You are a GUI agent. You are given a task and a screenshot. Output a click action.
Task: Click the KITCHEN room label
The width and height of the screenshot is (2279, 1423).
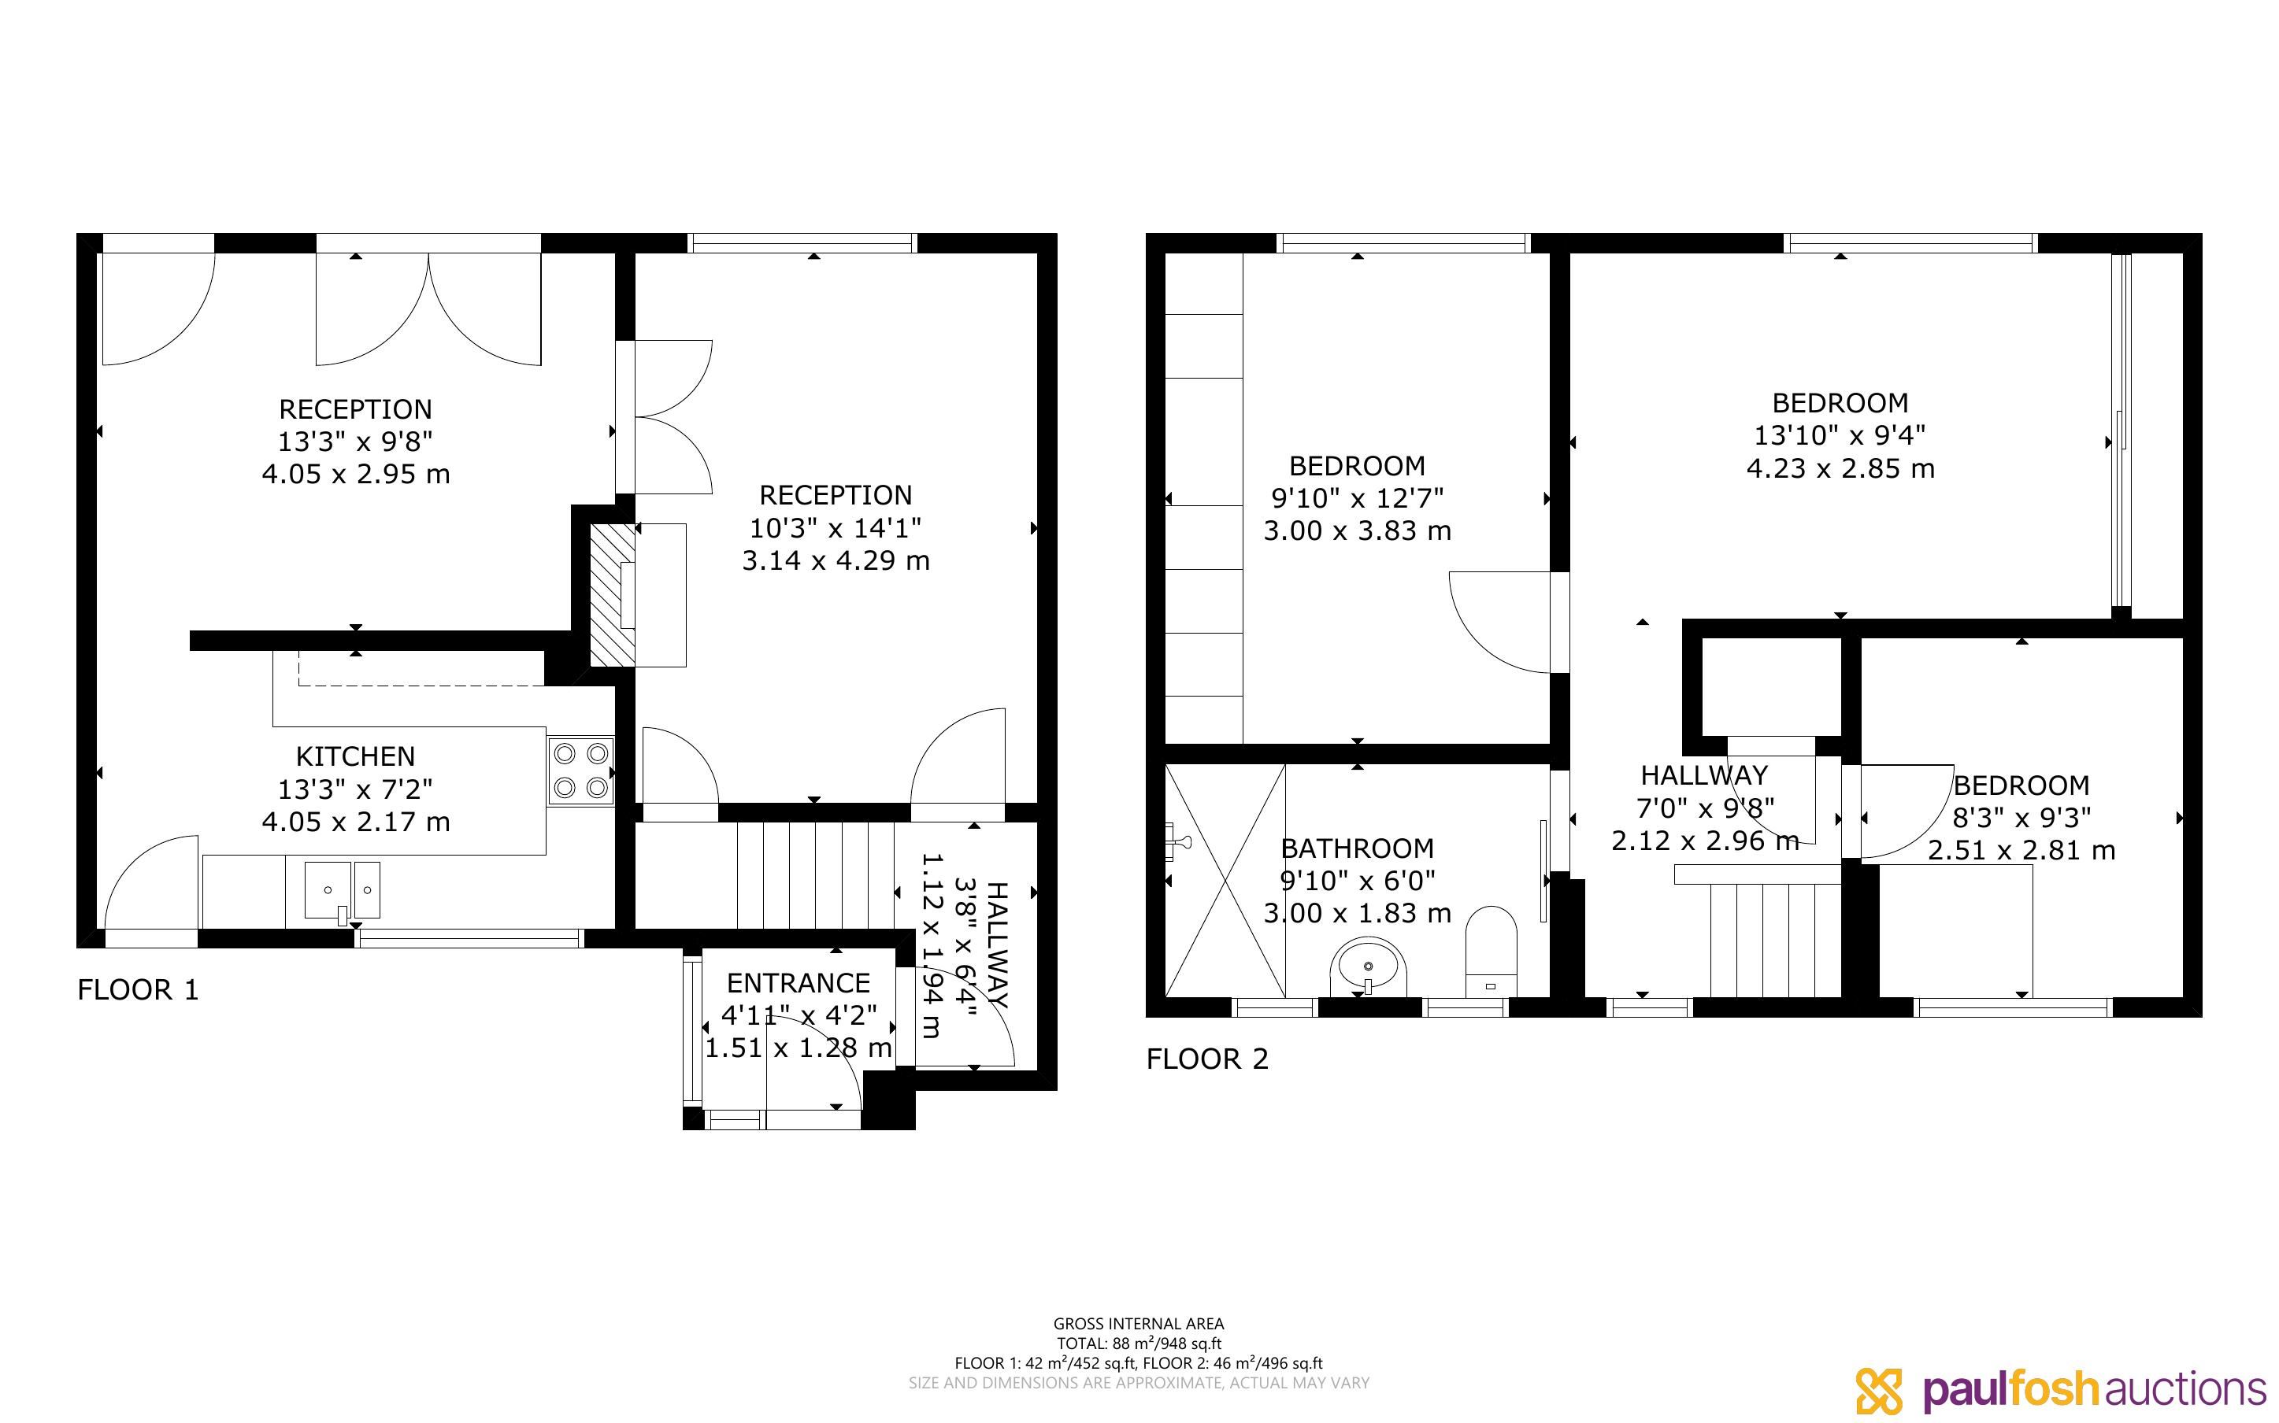click(355, 756)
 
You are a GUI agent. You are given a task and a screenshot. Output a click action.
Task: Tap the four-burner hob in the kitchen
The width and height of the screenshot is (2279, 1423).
click(581, 771)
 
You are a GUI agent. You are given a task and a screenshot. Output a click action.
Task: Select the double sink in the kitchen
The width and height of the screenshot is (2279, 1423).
click(342, 890)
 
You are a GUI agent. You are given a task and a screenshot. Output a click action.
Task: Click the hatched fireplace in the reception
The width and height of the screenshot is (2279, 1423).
click(612, 596)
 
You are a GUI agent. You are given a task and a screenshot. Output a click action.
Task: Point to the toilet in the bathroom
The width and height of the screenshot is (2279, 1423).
click(1491, 951)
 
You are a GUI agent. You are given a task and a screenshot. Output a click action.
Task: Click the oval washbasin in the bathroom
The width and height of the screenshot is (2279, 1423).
click(1368, 967)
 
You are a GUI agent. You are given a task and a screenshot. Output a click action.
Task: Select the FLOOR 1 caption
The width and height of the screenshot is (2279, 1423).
click(139, 990)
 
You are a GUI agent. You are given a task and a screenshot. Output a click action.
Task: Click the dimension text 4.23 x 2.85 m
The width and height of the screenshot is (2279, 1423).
click(1840, 468)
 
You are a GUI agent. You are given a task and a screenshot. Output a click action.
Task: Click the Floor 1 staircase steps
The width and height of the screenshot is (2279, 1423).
click(815, 875)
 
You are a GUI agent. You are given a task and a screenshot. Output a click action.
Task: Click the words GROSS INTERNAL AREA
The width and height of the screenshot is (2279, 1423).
click(1139, 1324)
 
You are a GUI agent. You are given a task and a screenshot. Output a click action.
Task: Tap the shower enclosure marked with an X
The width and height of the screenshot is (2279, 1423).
click(1225, 880)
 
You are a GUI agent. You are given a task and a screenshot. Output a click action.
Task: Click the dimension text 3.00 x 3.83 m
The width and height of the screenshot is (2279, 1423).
click(1358, 530)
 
